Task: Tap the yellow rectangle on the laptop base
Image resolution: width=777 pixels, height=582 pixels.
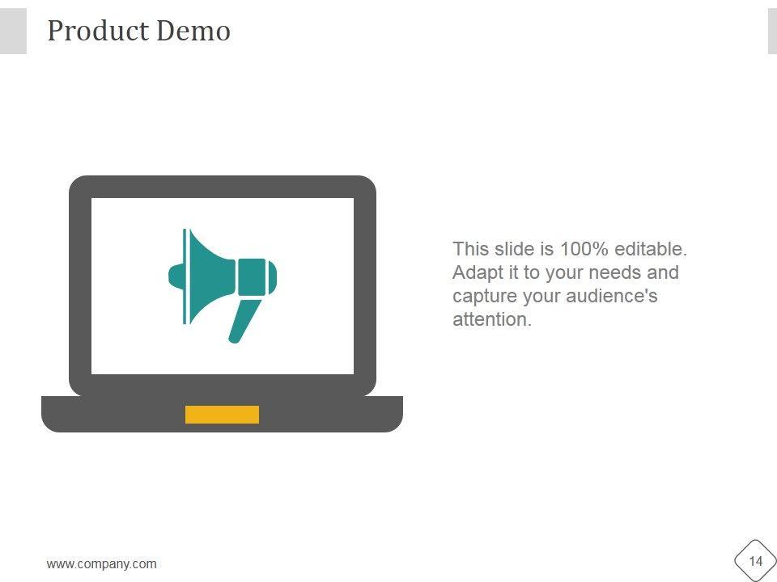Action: click(222, 415)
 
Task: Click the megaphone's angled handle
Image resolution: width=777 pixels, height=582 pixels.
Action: click(245, 320)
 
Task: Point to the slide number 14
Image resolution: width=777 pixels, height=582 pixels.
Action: click(756, 562)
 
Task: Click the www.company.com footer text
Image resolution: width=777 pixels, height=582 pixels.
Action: click(102, 564)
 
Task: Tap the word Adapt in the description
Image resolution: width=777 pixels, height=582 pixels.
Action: click(477, 272)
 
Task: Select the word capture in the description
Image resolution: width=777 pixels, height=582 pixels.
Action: click(482, 296)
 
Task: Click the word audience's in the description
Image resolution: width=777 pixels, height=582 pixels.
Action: click(612, 296)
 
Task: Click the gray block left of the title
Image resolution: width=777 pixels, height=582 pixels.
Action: click(13, 32)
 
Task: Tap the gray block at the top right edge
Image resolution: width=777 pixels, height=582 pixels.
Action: click(771, 32)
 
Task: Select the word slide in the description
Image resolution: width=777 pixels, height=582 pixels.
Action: click(512, 249)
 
